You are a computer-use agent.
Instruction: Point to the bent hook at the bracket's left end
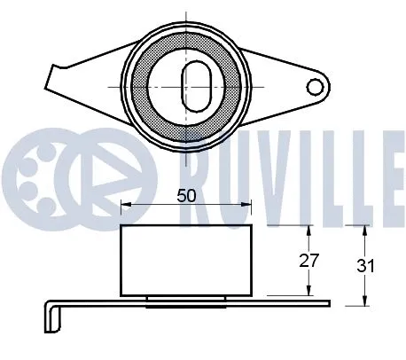coord(51,316)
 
